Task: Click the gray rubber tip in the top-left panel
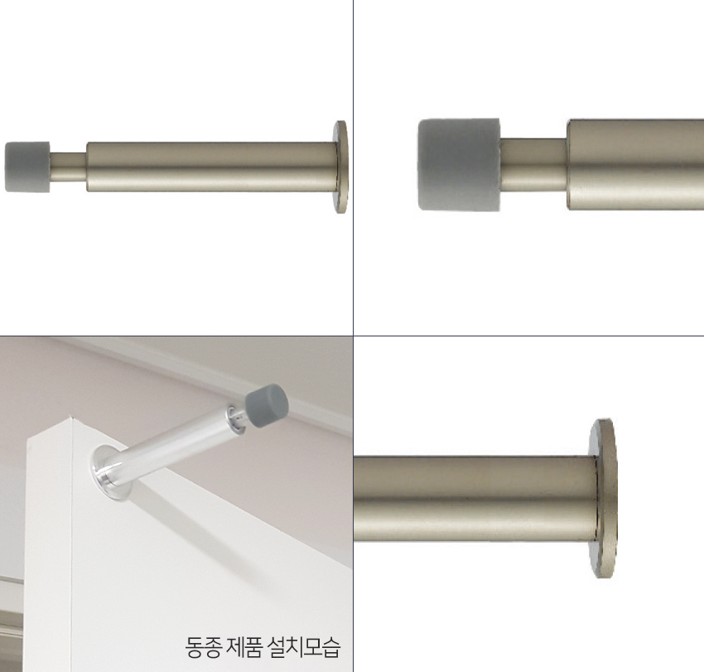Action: coord(27,167)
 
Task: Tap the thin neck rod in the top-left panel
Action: coord(68,167)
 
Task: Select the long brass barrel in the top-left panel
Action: coord(212,167)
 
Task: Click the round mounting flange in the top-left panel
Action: coord(340,167)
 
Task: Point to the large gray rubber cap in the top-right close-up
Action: coord(459,164)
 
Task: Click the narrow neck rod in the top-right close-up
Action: coord(533,164)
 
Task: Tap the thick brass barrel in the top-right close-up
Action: coord(635,164)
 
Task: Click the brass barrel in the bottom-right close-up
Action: coord(475,499)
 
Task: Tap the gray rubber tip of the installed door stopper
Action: coord(267,406)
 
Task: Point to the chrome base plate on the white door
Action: coord(110,473)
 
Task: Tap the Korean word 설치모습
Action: coord(304,647)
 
